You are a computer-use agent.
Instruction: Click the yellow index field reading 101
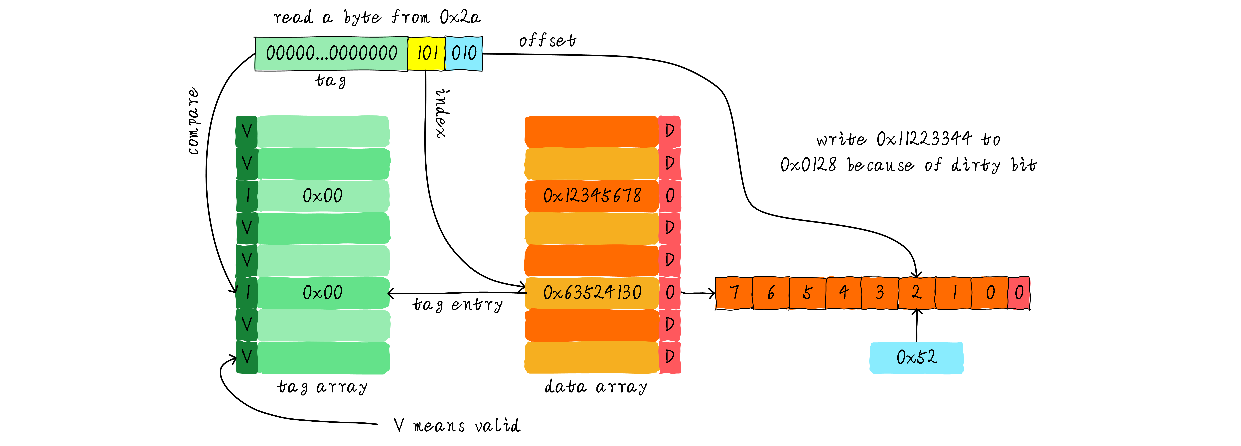(x=426, y=53)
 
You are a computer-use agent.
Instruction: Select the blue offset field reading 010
(x=463, y=53)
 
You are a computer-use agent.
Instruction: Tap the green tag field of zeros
(x=331, y=53)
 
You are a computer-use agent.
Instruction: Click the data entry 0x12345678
(x=592, y=196)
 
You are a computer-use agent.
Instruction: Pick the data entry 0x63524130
(x=592, y=292)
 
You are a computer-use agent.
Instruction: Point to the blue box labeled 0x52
(x=916, y=357)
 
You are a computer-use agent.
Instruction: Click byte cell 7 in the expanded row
(x=734, y=292)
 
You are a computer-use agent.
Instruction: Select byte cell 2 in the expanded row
(x=916, y=292)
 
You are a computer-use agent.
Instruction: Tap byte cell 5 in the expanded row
(x=807, y=292)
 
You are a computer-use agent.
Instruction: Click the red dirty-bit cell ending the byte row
(x=1018, y=292)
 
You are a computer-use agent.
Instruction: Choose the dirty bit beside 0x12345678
(x=670, y=196)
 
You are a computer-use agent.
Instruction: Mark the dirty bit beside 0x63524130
(x=670, y=292)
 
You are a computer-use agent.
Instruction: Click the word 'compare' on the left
(x=193, y=121)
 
